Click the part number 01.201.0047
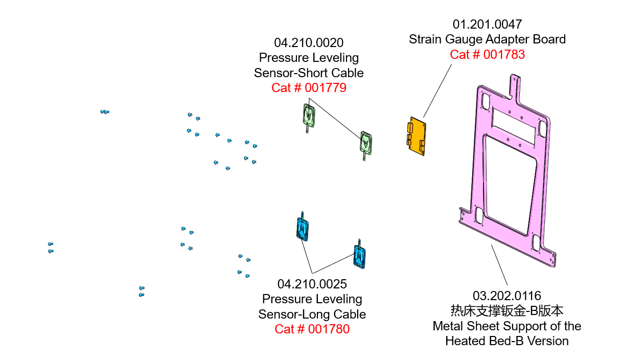point(487,24)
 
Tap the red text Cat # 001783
point(487,55)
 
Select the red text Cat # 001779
point(309,88)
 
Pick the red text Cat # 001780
point(312,329)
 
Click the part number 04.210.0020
point(309,42)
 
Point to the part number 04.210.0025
point(312,284)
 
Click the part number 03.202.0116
point(506,296)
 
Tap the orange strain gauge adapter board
point(417,136)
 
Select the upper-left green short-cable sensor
point(309,116)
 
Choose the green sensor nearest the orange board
point(366,143)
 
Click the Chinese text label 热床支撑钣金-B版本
point(506,310)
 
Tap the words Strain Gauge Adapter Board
point(487,39)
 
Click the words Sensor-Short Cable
point(309,73)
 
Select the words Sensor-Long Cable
point(312,314)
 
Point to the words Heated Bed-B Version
point(506,341)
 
